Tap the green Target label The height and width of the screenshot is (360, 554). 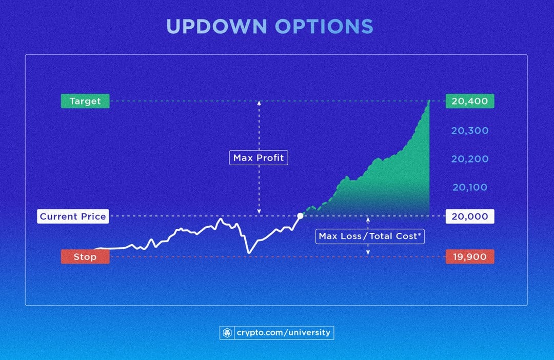click(85, 102)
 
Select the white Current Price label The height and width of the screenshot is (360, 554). click(73, 216)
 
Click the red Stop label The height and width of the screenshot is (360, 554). click(85, 256)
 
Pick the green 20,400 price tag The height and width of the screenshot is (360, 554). click(470, 102)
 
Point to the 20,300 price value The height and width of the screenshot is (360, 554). click(470, 131)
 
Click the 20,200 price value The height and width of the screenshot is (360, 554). click(470, 159)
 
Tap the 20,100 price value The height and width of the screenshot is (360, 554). click(470, 188)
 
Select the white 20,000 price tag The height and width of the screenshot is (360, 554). click(470, 216)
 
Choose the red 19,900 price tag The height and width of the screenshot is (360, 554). click(470, 256)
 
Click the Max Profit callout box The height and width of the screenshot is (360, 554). click(259, 158)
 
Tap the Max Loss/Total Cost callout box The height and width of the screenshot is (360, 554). click(370, 236)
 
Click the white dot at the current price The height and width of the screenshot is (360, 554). click(300, 216)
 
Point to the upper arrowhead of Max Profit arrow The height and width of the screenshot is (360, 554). click(259, 103)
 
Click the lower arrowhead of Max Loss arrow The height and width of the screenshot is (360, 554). click(368, 253)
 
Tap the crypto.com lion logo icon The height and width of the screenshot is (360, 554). click(227, 333)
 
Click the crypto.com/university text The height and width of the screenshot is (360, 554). click(284, 333)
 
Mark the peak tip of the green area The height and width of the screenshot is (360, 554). click(429, 101)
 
